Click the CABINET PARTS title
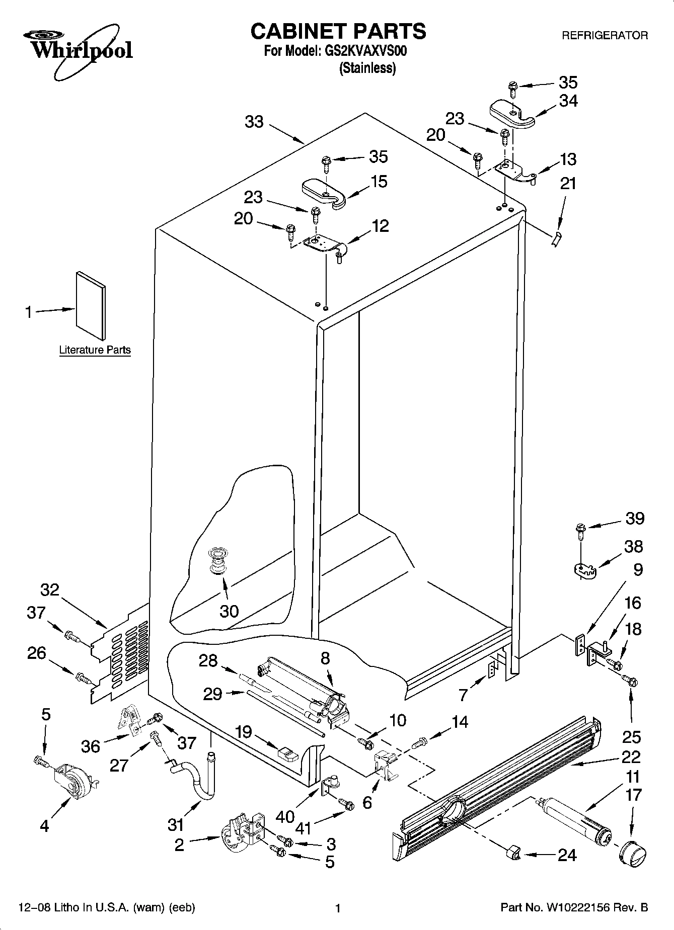click(x=338, y=31)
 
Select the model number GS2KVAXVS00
click(x=363, y=51)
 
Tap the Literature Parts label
click(x=95, y=350)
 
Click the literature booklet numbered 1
click(x=91, y=305)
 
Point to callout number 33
click(x=254, y=122)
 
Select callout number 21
click(x=568, y=184)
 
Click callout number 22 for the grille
click(x=631, y=757)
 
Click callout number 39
click(x=634, y=518)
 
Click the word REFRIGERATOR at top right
click(x=605, y=36)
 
